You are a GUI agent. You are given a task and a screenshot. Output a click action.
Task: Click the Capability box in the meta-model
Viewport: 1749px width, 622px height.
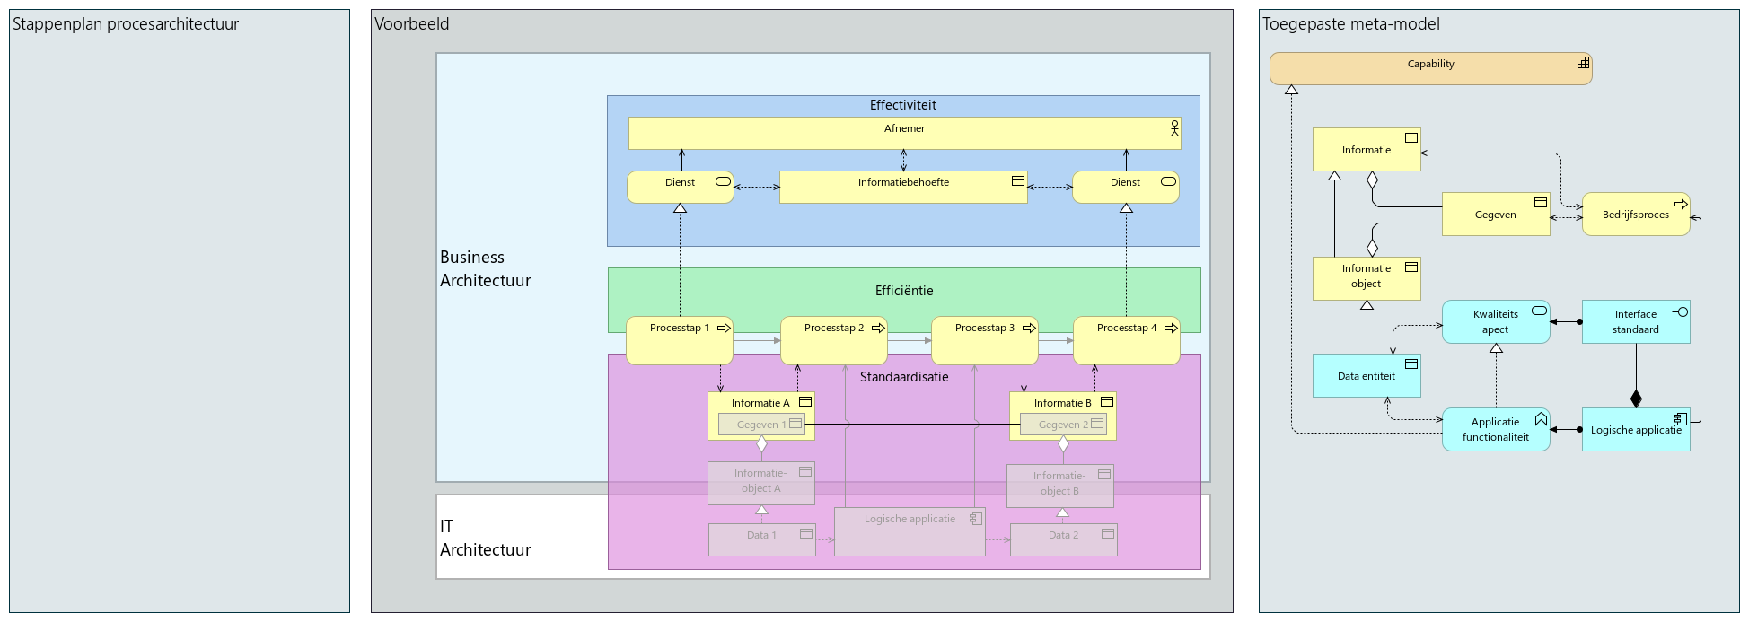(x=1429, y=68)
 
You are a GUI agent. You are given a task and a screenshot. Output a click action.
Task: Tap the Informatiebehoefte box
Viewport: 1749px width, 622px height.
(x=902, y=187)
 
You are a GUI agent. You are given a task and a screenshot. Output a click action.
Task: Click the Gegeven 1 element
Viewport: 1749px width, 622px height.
(x=761, y=425)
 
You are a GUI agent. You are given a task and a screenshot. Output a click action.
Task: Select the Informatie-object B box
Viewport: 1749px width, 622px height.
(x=1059, y=485)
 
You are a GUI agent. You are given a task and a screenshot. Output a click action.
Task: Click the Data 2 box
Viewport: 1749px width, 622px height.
(x=1063, y=539)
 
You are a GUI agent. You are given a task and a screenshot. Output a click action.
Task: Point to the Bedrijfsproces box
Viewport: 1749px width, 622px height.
(x=1635, y=215)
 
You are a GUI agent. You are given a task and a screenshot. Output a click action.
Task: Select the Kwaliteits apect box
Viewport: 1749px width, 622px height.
(x=1495, y=321)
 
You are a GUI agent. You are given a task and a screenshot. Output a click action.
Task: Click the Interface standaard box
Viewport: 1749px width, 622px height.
(x=1635, y=321)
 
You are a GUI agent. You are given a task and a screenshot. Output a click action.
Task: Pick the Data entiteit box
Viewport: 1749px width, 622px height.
(x=1366, y=376)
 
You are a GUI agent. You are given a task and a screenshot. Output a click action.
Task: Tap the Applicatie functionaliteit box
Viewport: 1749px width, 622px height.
(x=1495, y=429)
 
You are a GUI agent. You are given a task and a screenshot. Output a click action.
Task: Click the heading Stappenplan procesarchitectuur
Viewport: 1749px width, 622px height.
(x=126, y=24)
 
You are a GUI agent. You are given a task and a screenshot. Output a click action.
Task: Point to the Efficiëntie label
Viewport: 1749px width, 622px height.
(x=903, y=291)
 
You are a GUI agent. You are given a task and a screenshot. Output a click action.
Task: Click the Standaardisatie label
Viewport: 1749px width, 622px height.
(x=903, y=377)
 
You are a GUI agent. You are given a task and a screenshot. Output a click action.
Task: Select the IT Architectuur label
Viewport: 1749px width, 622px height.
(x=485, y=538)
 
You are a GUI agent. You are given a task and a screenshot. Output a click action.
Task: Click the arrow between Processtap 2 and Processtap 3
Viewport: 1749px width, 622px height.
(x=910, y=341)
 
